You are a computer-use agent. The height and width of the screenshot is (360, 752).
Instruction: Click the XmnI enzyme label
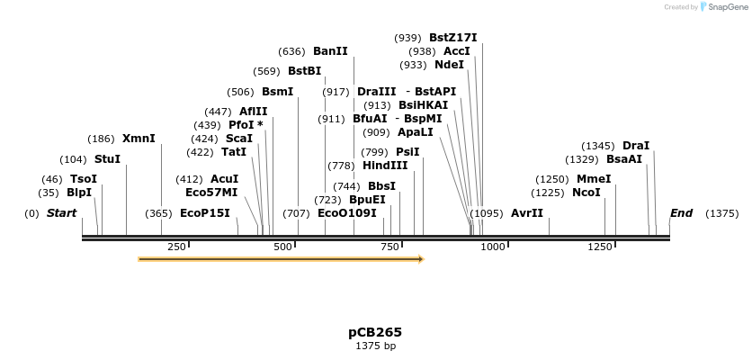[139, 139]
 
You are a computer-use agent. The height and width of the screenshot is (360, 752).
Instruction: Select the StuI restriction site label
[107, 159]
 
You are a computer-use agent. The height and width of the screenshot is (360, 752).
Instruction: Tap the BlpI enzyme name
[79, 193]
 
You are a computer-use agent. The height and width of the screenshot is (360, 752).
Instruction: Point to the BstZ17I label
[452, 38]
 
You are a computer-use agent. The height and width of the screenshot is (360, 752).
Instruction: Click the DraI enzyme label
[635, 146]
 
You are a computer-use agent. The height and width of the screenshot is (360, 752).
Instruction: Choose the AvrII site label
[527, 213]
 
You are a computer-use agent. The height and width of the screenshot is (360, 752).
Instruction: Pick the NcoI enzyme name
[586, 193]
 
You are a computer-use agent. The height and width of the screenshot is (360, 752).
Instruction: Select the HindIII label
[385, 166]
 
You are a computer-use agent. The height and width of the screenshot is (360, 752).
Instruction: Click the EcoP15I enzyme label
[205, 213]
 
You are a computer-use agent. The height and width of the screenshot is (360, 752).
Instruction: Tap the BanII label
[330, 51]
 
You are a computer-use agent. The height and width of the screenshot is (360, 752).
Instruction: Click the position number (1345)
[598, 146]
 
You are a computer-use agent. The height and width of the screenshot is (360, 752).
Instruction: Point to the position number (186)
[101, 139]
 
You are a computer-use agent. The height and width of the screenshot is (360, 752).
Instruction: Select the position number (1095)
[487, 213]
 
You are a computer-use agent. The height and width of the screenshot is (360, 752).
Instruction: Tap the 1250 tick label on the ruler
[600, 247]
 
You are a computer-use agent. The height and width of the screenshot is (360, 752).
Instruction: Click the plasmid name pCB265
[375, 332]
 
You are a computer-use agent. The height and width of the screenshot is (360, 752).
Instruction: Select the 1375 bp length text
[375, 346]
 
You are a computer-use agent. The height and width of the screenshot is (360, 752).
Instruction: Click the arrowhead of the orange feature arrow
[418, 259]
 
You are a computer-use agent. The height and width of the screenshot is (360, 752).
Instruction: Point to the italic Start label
[61, 213]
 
